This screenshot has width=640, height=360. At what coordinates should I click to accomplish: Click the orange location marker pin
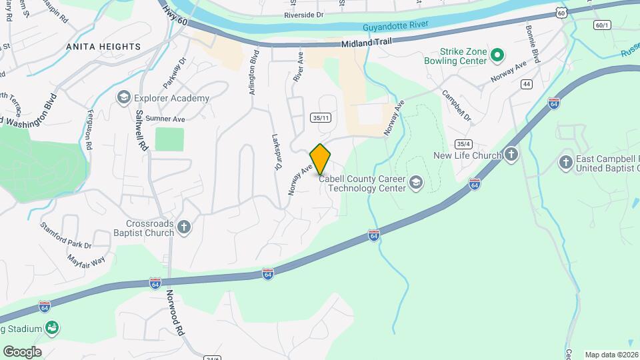pos(321,159)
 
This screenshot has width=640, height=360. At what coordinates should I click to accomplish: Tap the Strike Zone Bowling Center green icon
pos(496,55)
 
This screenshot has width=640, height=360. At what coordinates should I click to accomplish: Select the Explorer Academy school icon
pos(123,98)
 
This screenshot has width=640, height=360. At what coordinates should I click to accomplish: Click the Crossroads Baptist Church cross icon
pos(184,228)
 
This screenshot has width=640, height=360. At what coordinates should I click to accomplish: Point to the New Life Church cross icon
pos(511,155)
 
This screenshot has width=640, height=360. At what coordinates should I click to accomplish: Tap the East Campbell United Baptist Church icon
pos(566,162)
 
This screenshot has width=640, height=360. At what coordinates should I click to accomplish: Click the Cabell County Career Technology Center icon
pos(416,183)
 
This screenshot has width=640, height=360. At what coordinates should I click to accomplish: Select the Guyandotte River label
pos(395,27)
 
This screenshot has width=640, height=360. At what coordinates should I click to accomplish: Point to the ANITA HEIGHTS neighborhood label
pos(103,47)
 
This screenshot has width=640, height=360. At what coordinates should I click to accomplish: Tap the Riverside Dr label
pos(303,14)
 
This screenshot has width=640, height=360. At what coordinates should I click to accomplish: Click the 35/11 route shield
pos(321,117)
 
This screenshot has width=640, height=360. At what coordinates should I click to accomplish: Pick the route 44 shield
pos(527,84)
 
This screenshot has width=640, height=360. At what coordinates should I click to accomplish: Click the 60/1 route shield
pos(602,25)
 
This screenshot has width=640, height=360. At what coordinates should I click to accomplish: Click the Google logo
pos(22,351)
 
